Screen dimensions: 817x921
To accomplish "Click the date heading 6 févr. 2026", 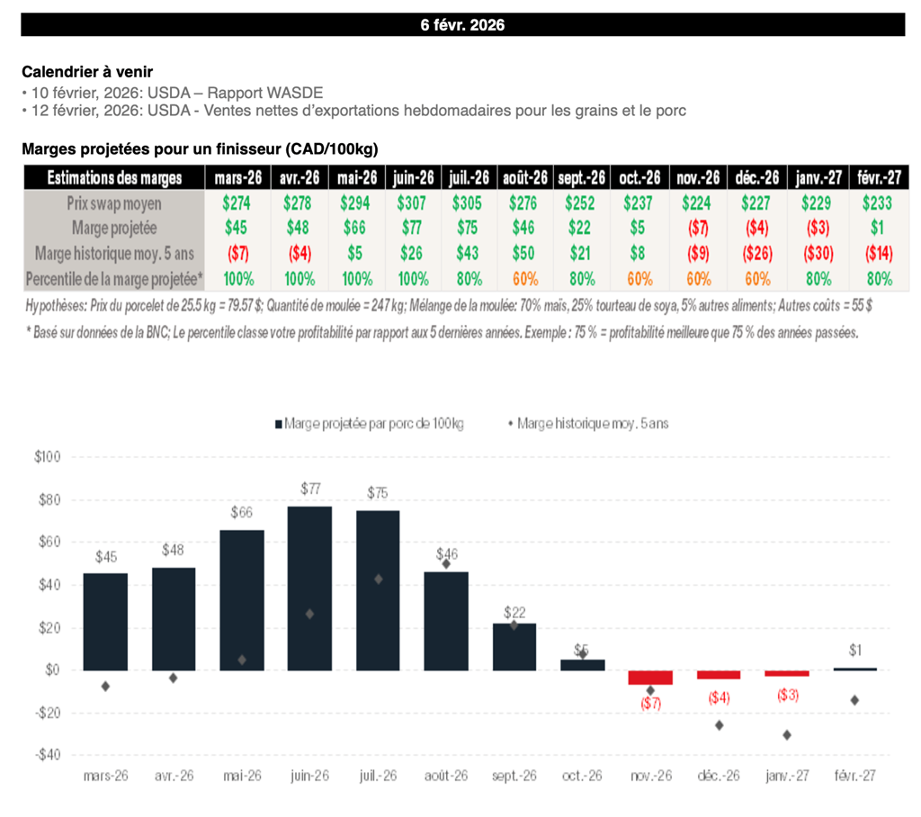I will pyautogui.click(x=462, y=25).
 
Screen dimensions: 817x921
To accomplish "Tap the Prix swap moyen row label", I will pyautogui.click(x=113, y=203).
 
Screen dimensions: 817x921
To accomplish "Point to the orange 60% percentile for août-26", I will pyautogui.click(x=523, y=279).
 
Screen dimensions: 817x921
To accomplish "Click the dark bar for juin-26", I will pyautogui.click(x=309, y=588).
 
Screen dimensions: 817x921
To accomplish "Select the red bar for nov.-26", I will pyautogui.click(x=650, y=678).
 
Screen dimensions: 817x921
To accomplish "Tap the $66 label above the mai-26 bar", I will pyautogui.click(x=242, y=513).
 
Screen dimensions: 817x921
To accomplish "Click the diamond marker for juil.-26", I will pyautogui.click(x=379, y=579).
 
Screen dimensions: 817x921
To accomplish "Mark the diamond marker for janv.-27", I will pyautogui.click(x=787, y=735).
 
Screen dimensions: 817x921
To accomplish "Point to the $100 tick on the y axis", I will pyautogui.click(x=46, y=457).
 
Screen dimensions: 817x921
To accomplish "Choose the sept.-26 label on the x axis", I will pyautogui.click(x=514, y=776).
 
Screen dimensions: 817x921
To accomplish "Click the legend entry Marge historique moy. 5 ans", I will pyautogui.click(x=593, y=423).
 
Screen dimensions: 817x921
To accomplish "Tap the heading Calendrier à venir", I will pyautogui.click(x=86, y=71).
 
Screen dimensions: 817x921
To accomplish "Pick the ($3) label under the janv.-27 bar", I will pyautogui.click(x=787, y=695).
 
